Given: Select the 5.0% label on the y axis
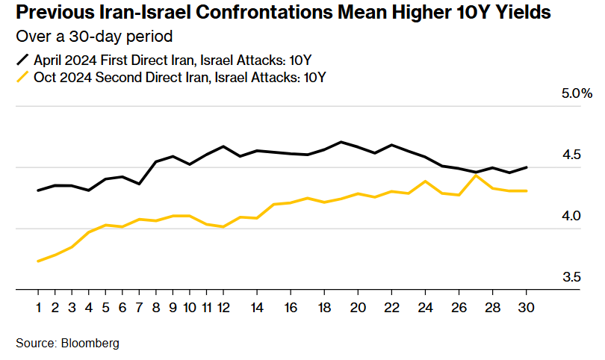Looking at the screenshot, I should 576,94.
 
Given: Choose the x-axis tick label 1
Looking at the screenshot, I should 38,307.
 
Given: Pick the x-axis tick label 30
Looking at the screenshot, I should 527,307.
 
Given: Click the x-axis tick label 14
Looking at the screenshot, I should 256,307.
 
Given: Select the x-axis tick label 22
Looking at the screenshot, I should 391,307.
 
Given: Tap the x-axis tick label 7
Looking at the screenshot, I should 139,307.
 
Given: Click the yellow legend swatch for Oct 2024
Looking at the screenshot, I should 22,77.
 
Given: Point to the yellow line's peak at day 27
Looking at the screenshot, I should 476,175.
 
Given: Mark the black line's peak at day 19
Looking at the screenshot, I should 341,142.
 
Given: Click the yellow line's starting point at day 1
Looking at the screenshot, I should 38,261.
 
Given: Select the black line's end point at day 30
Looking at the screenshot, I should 527,167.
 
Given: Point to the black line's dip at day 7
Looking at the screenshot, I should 139,184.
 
